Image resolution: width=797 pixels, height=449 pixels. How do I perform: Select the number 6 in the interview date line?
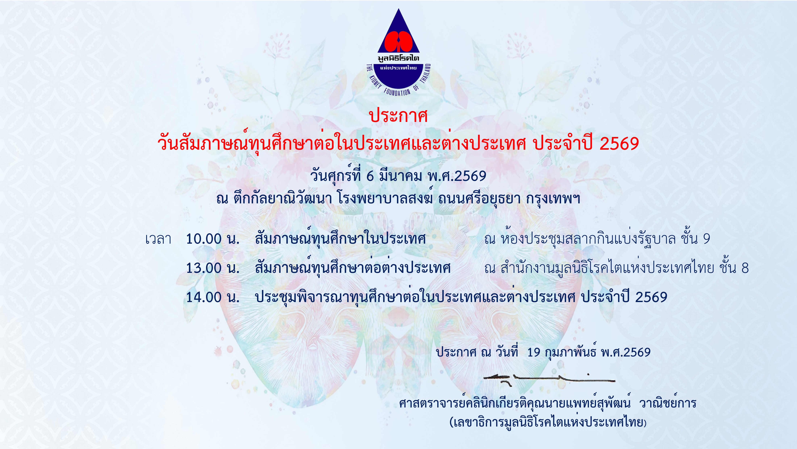[370, 176]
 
